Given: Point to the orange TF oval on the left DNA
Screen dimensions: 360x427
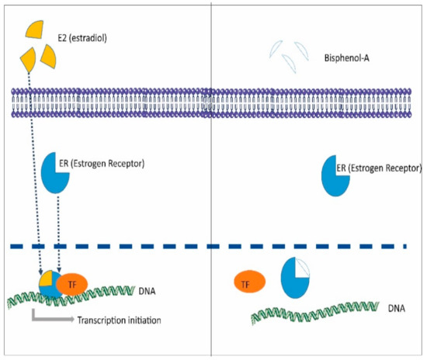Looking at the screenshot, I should coord(72,285).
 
